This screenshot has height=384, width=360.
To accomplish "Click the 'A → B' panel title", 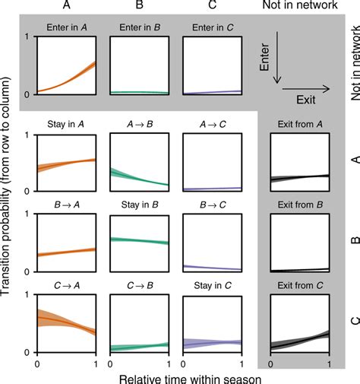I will (x=140, y=128).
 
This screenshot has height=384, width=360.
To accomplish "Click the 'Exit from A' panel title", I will (x=299, y=128).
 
